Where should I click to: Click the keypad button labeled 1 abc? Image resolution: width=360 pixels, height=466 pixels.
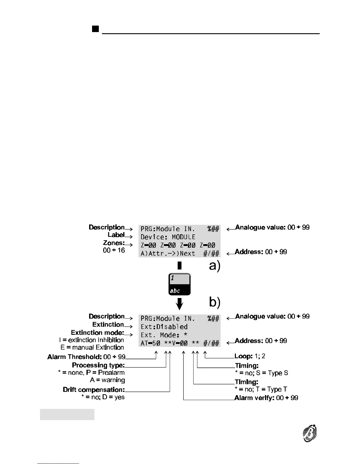pyautogui.click(x=179, y=284)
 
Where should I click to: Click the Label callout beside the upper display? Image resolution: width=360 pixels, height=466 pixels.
pyautogui.click(x=116, y=235)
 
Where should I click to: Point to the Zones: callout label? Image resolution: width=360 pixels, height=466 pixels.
pyautogui.click(x=114, y=243)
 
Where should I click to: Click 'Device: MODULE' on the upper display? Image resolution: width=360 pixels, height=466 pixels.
pyautogui.click(x=168, y=237)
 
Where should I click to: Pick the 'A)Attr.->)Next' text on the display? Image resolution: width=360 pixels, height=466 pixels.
pyautogui.click(x=168, y=253)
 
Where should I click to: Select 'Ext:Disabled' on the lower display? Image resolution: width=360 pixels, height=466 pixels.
pyautogui.click(x=164, y=327)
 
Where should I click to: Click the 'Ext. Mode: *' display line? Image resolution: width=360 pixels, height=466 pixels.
pyautogui.click(x=164, y=335)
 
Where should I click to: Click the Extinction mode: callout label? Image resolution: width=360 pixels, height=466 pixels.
pyautogui.click(x=97, y=332)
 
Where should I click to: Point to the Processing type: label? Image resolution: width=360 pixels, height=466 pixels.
pyautogui.click(x=98, y=365)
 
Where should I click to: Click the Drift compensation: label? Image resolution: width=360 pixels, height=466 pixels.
pyautogui.click(x=94, y=390)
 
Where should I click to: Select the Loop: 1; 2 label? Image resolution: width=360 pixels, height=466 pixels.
pyautogui.click(x=250, y=356)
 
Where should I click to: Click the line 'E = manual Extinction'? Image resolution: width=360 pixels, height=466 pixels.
pyautogui.click(x=92, y=347)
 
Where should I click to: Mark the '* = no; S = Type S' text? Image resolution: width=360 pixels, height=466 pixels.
pyautogui.click(x=261, y=373)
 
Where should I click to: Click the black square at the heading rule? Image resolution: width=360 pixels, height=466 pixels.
pyautogui.click(x=95, y=29)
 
